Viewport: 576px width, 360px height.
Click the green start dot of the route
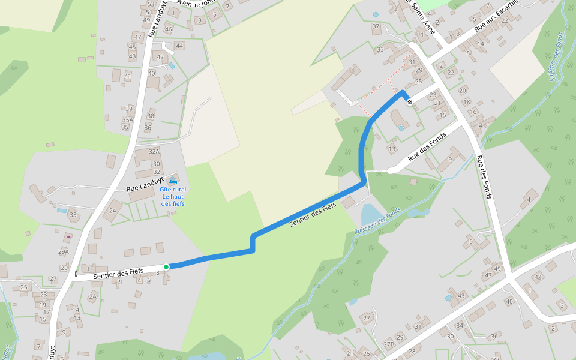pyautogui.click(x=166, y=266)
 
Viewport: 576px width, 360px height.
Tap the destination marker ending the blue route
pyautogui.click(x=409, y=102)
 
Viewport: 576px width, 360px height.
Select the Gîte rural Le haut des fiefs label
pyautogui.click(x=173, y=196)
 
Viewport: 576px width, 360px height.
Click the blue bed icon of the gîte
pyautogui.click(x=173, y=181)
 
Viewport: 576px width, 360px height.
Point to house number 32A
pyautogui.click(x=154, y=152)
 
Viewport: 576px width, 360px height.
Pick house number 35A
pyautogui.click(x=127, y=120)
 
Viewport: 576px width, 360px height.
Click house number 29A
pyautogui.click(x=64, y=251)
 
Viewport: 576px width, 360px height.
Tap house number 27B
pyautogui.click(x=389, y=344)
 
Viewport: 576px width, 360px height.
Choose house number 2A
pyautogui.click(x=92, y=296)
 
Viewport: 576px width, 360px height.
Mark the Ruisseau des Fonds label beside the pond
pyautogui.click(x=377, y=221)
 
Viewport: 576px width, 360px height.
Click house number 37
pyautogui.click(x=376, y=26)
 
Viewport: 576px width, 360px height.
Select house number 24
pyautogui.click(x=113, y=211)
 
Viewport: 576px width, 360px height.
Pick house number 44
pyautogui.click(x=179, y=46)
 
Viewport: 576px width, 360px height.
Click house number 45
pyautogui.click(x=133, y=47)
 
